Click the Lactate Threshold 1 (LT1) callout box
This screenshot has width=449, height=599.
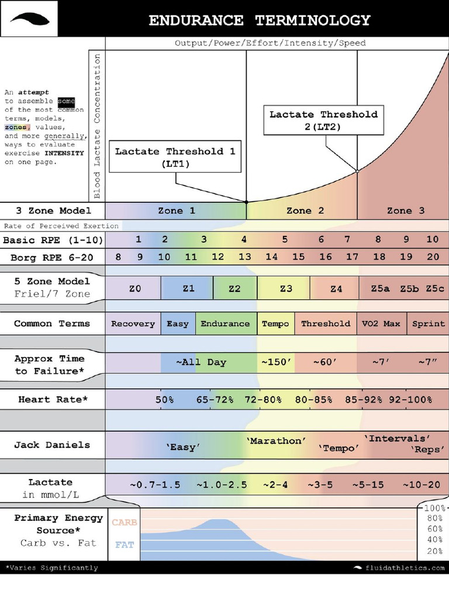pyautogui.click(x=175, y=157)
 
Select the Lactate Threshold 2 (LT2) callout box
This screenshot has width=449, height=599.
pyautogui.click(x=323, y=121)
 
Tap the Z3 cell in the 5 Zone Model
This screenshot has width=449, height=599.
pyautogui.click(x=285, y=288)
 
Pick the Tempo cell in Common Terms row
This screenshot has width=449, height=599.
pyautogui.click(x=275, y=323)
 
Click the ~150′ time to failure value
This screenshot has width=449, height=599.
pyautogui.click(x=275, y=362)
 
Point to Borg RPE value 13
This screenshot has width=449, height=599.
pyautogui.click(x=244, y=257)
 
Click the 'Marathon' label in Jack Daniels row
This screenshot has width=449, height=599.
pyautogui.click(x=276, y=440)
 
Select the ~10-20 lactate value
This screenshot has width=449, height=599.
pyautogui.click(x=422, y=485)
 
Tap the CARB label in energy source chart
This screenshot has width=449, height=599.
pyautogui.click(x=124, y=522)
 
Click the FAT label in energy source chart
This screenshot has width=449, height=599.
pyautogui.click(x=124, y=545)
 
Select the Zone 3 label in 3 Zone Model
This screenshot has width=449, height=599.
pyautogui.click(x=406, y=211)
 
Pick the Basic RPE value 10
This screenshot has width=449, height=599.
pyautogui.click(x=432, y=239)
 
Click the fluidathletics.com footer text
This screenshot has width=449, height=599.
pyautogui.click(x=403, y=568)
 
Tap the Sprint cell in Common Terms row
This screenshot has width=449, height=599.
pyautogui.click(x=429, y=323)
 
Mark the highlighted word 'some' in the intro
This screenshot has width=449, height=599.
pyautogui.click(x=66, y=101)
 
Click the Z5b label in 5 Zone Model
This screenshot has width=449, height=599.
pyautogui.click(x=409, y=288)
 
